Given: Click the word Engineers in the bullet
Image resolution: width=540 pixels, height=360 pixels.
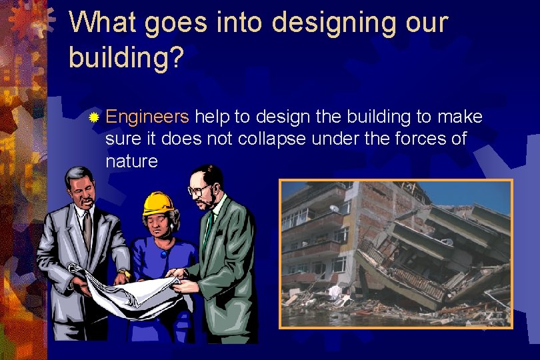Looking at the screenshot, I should tap(147, 117).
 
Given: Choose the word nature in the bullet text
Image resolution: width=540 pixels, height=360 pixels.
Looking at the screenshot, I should tap(131, 161).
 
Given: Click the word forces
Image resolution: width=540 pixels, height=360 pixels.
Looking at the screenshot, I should tap(420, 139).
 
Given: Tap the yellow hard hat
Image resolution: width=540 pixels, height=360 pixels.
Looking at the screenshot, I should tap(159, 202).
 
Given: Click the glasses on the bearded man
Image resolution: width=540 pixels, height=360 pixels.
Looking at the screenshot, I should tap(199, 190).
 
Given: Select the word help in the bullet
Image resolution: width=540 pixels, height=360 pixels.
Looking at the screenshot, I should tap(212, 117).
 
